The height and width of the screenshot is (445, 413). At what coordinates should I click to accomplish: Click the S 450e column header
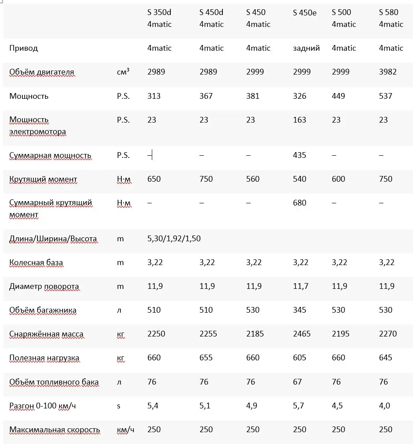[x=304, y=13]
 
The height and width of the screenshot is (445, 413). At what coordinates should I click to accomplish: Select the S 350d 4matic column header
[x=159, y=19]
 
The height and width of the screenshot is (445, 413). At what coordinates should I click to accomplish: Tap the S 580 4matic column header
[x=391, y=19]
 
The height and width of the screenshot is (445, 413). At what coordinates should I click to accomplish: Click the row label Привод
[x=23, y=48]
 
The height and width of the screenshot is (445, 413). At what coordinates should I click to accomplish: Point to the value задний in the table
[x=306, y=48]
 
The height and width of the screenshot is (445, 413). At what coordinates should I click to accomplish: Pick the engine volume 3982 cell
[x=388, y=72]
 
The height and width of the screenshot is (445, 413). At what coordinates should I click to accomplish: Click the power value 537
[x=386, y=96]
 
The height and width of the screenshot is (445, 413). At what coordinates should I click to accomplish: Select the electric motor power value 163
[x=300, y=120]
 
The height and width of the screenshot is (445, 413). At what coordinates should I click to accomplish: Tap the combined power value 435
[x=300, y=155]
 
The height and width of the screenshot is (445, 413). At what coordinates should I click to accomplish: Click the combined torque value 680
[x=300, y=203]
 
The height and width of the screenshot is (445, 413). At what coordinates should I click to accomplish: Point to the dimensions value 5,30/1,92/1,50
[x=174, y=239]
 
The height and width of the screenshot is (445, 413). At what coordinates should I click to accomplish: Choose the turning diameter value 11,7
[x=301, y=286]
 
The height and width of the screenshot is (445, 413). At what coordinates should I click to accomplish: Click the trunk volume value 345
[x=300, y=310]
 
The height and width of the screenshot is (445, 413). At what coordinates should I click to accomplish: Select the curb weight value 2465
[x=302, y=334]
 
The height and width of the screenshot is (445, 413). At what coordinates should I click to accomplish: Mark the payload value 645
[x=386, y=358]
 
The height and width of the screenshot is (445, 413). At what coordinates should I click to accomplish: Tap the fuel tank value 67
[x=297, y=381]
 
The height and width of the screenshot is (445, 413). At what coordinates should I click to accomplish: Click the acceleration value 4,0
[x=384, y=405]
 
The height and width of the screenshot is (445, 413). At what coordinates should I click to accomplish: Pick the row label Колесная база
[x=36, y=262]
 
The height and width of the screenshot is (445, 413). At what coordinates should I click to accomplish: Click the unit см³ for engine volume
[x=123, y=72]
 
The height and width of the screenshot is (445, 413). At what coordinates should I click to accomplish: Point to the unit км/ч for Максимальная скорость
[x=126, y=430]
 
